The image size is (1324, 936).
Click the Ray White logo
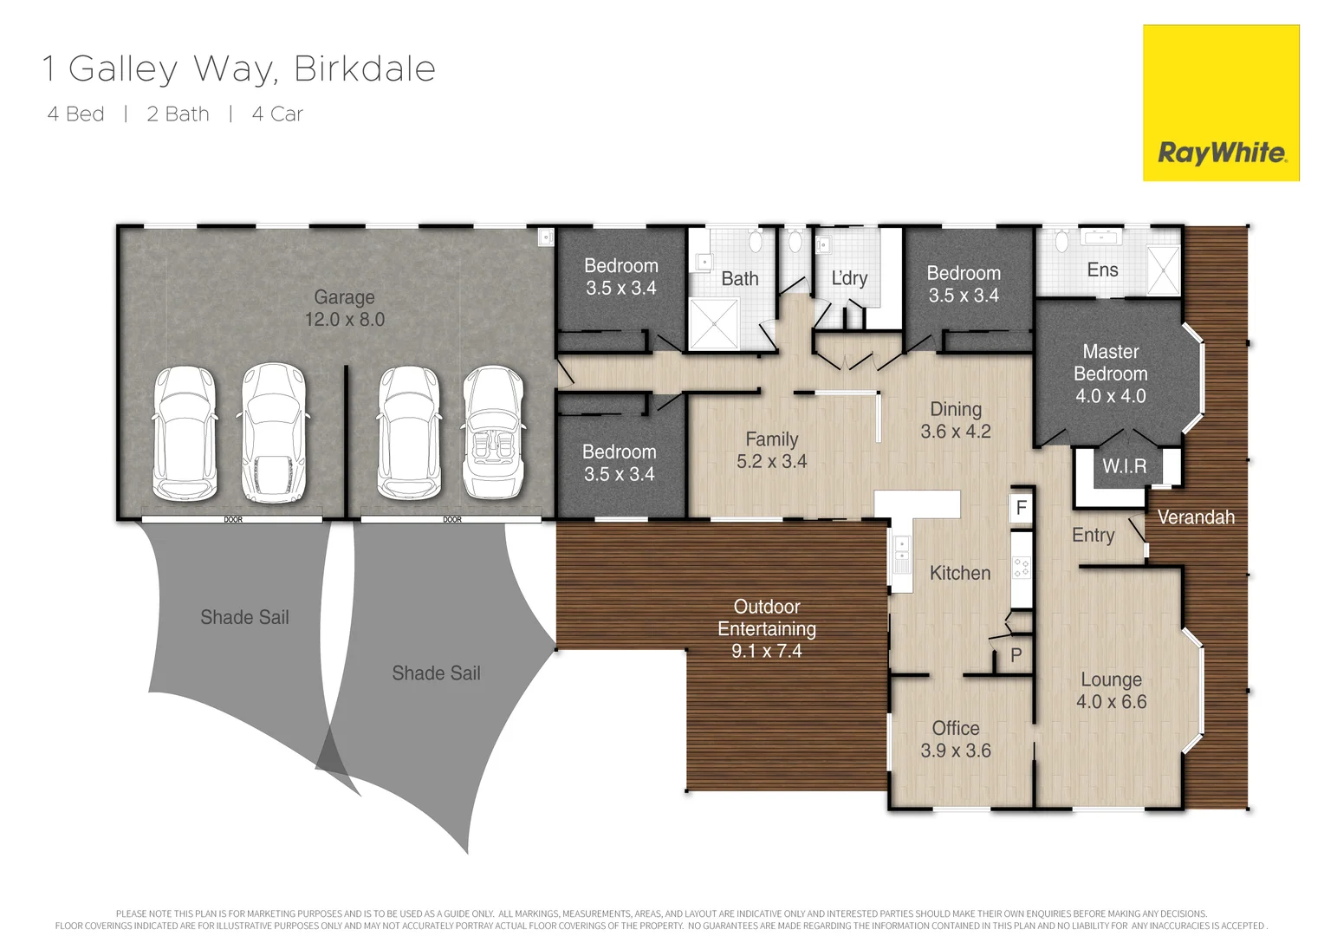tap(1221, 103)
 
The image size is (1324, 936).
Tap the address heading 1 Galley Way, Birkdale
tap(239, 69)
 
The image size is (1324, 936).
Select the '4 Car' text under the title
tap(277, 114)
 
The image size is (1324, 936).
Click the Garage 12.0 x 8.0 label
tap(344, 309)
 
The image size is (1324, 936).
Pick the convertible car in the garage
tap(493, 432)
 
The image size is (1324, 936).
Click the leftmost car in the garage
tap(185, 432)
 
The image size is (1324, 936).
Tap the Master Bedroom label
tap(1110, 374)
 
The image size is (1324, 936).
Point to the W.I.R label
tap(1124, 466)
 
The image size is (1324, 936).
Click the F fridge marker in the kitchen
tap(1022, 508)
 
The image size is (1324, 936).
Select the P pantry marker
tap(1016, 656)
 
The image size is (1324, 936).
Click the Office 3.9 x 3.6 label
tap(955, 739)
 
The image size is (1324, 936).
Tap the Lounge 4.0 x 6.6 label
tap(1111, 691)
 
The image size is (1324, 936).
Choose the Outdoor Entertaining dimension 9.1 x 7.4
tap(766, 651)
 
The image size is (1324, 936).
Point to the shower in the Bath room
tap(713, 324)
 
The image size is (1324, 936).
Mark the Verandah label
tap(1196, 517)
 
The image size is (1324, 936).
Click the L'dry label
tap(848, 278)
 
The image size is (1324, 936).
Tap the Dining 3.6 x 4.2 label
tap(955, 420)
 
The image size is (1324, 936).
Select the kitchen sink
tap(902, 556)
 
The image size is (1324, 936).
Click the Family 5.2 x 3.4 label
tap(771, 451)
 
